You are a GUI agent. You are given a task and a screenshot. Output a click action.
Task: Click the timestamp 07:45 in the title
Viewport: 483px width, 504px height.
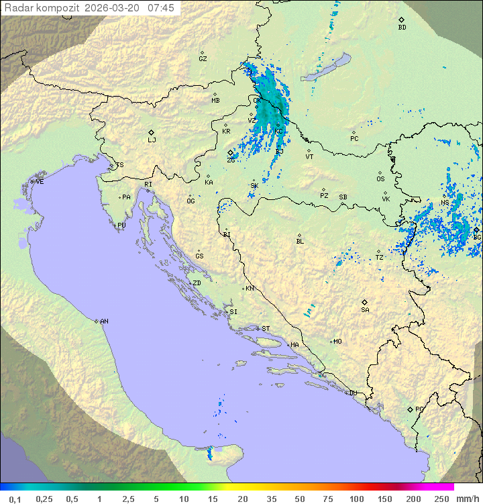(161, 8)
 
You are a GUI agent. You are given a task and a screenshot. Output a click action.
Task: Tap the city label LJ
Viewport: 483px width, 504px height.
(152, 140)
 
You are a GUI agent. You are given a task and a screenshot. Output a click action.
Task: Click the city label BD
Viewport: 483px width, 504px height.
(402, 28)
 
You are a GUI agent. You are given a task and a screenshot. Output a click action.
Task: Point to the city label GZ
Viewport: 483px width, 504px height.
(203, 59)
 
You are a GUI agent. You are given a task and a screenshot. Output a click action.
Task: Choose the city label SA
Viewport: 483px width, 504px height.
(365, 310)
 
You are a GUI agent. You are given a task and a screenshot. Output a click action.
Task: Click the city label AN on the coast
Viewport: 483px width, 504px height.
(104, 321)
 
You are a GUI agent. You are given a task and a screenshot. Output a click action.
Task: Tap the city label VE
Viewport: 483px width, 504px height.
(40, 182)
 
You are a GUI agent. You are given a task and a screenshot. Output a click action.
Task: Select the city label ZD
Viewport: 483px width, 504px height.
(197, 283)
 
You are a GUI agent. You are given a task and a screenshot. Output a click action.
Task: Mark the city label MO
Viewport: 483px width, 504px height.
(337, 342)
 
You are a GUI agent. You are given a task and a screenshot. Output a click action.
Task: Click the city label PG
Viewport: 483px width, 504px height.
(419, 409)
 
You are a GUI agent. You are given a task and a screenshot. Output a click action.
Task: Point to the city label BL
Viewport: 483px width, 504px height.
(300, 242)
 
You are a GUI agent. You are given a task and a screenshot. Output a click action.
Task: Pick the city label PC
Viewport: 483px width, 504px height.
(354, 139)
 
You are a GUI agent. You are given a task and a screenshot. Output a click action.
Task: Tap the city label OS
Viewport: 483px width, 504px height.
(380, 179)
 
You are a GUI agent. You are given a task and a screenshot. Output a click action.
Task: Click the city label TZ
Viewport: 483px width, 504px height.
(379, 258)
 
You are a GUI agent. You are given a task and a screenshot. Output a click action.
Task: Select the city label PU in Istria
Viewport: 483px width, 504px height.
(121, 225)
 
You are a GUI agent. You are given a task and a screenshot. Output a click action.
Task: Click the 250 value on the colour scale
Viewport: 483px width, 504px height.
(441, 499)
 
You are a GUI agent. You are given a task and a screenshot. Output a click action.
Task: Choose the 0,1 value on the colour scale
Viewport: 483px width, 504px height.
(15, 499)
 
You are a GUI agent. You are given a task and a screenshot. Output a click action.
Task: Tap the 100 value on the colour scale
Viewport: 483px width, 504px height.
(356, 499)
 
